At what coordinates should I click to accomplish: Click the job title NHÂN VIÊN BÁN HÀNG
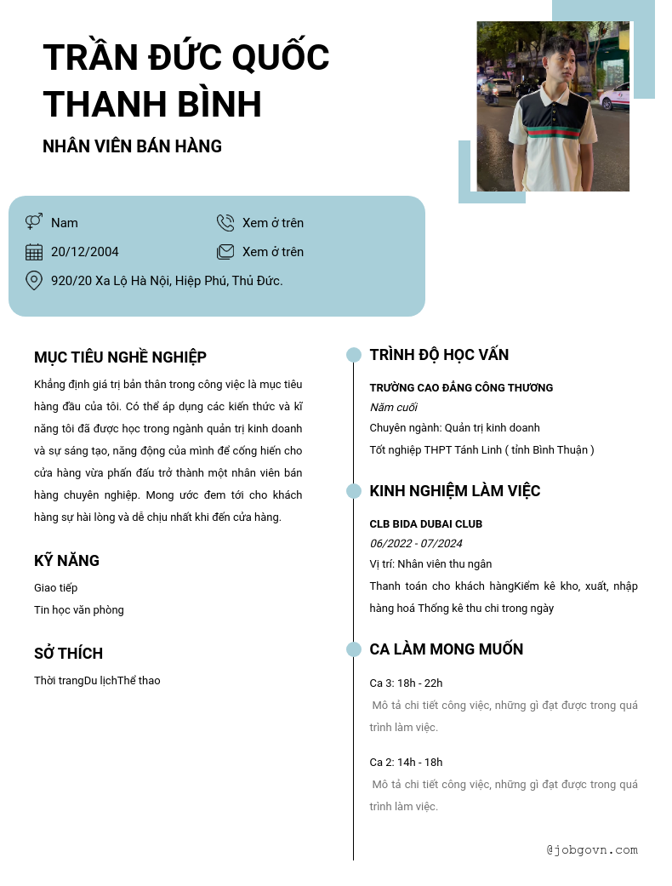(132, 146)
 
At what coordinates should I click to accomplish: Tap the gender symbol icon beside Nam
(34, 222)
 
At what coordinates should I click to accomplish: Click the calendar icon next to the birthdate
(34, 252)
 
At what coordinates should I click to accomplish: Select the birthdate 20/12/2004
(85, 252)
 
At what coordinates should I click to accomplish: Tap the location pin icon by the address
(34, 280)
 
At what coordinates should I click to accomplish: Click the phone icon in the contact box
(225, 223)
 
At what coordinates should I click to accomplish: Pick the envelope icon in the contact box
(225, 252)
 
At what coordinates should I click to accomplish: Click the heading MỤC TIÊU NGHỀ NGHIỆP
(120, 357)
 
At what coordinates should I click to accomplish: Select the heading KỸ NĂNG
(66, 561)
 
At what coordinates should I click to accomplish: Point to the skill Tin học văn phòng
(79, 610)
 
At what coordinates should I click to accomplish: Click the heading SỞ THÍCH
(68, 654)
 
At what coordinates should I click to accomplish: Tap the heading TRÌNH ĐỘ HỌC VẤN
(439, 355)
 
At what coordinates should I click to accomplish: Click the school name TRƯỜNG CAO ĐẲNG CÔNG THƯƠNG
(461, 388)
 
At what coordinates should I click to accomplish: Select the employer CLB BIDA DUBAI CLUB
(425, 524)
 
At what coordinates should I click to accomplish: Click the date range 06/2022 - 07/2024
(416, 544)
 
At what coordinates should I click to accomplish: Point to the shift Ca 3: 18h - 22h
(406, 683)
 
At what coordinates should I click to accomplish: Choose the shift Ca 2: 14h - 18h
(406, 763)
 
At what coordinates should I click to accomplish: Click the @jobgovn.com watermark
(592, 849)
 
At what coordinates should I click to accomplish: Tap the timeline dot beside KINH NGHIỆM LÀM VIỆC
(354, 491)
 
